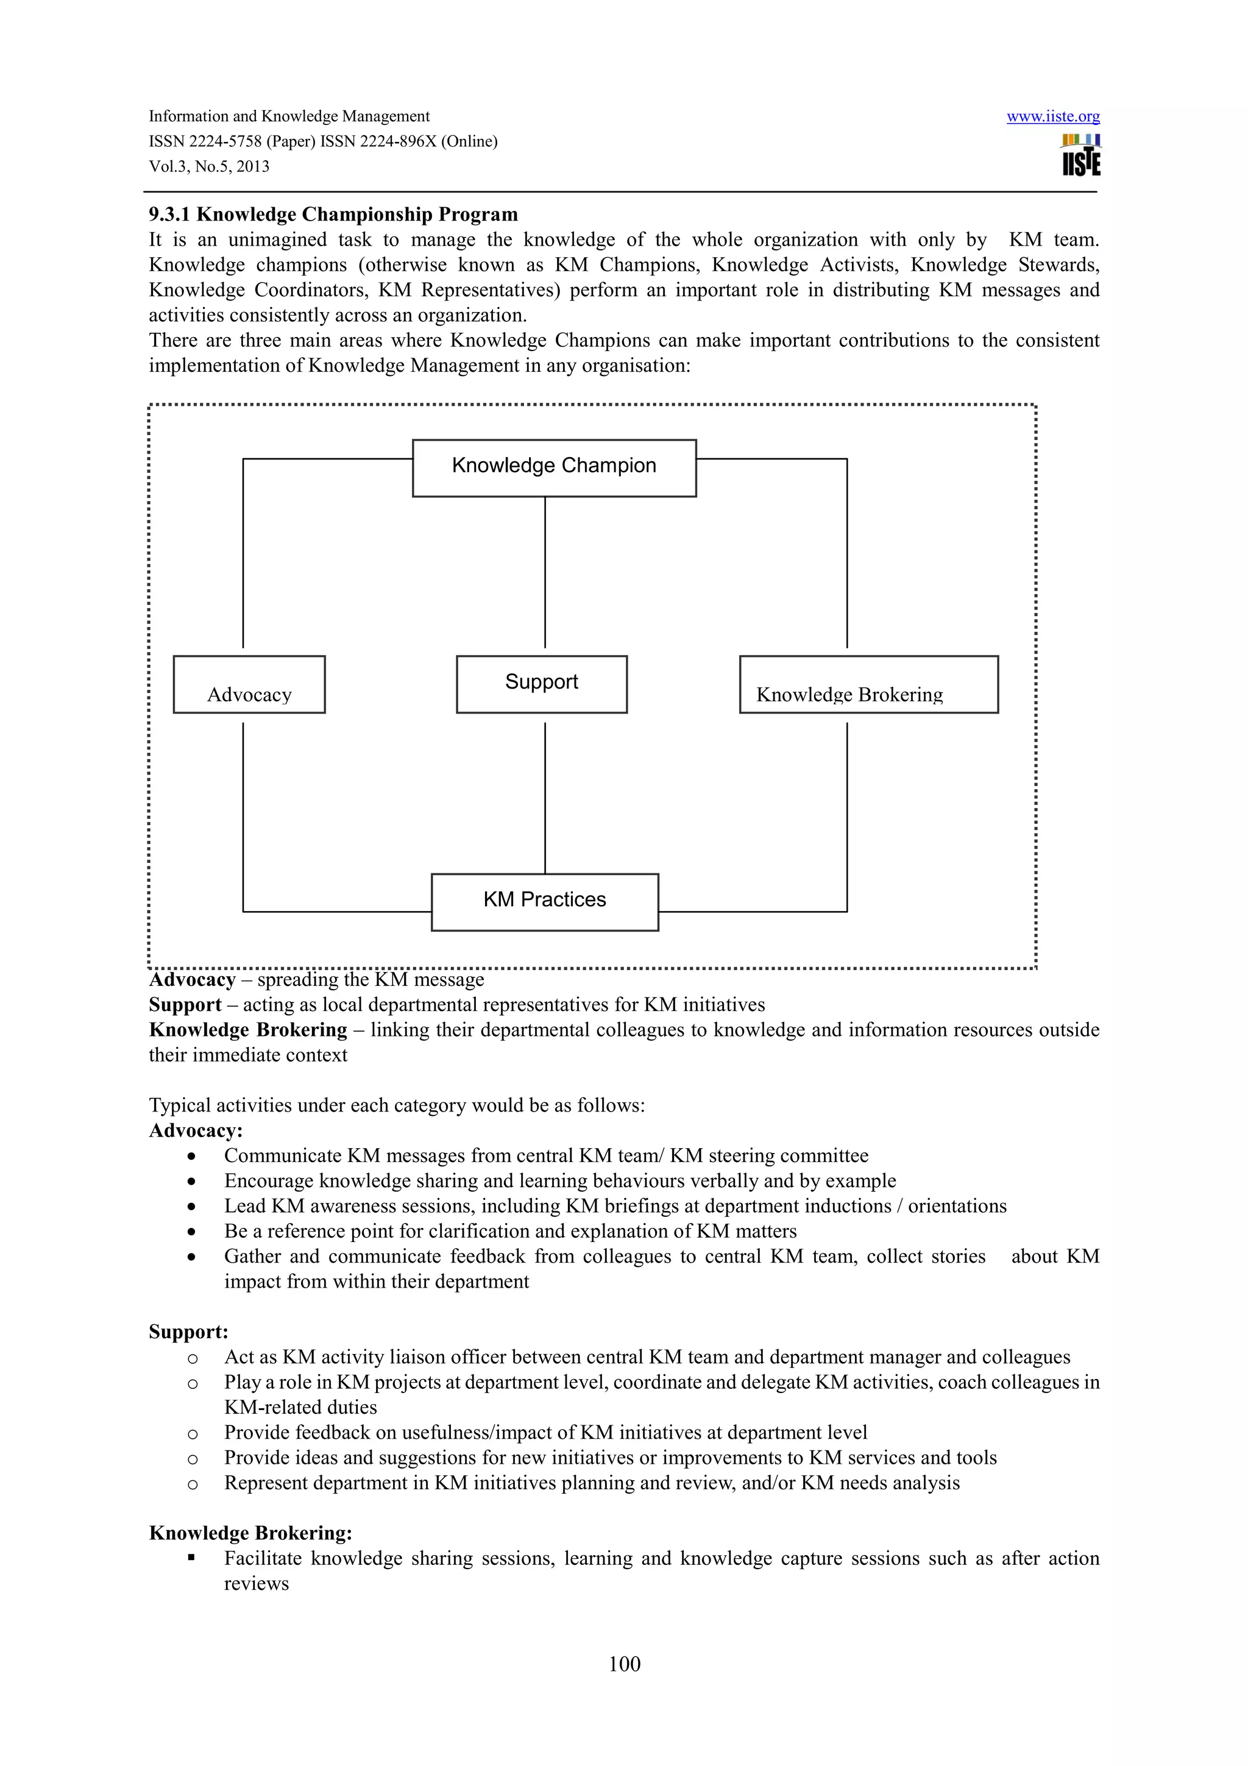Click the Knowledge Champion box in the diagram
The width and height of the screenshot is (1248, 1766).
pyautogui.click(x=554, y=467)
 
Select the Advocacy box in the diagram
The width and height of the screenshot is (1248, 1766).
pyautogui.click(x=249, y=684)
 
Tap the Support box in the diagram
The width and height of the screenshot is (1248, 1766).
pyautogui.click(x=541, y=684)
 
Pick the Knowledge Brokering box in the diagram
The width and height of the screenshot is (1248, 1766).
pyautogui.click(x=868, y=684)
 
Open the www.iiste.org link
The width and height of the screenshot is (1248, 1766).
pyautogui.click(x=1052, y=116)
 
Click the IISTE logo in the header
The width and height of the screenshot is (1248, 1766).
pyautogui.click(x=1080, y=155)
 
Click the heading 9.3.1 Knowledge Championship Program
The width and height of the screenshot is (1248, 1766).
pyautogui.click(x=333, y=214)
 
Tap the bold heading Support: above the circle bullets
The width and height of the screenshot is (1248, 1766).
pyautogui.click(x=188, y=1332)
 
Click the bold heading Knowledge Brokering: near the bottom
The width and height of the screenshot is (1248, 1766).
pyautogui.click(x=250, y=1532)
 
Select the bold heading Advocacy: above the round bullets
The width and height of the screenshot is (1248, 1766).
pyautogui.click(x=196, y=1130)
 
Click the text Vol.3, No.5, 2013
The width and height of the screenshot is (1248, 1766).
pyautogui.click(x=209, y=166)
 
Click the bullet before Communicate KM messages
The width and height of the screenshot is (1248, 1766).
pyautogui.click(x=191, y=1156)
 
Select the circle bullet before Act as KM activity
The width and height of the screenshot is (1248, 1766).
pyautogui.click(x=192, y=1358)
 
